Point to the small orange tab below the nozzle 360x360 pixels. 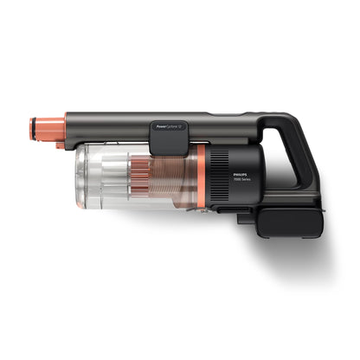pyautogui.click(x=61, y=145)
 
